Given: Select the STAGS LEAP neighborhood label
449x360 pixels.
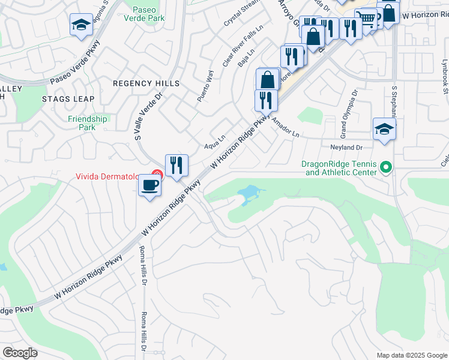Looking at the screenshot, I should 65,98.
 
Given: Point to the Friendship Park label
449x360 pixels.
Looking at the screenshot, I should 87,123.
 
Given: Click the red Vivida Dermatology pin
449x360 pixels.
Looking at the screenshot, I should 156,175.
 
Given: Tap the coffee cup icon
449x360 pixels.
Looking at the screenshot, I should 149,185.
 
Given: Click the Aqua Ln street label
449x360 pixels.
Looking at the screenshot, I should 214,145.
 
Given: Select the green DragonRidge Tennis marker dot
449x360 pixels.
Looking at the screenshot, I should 385,167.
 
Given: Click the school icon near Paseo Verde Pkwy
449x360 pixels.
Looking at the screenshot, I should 81,25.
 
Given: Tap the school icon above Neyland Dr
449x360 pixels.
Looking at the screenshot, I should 384,129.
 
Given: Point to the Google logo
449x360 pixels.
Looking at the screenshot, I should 20,353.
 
